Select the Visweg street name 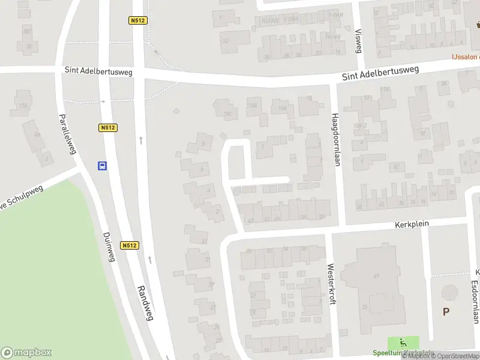tap(359, 41)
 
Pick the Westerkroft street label tap(330, 284)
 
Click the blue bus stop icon tap(103, 166)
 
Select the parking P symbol tap(446, 311)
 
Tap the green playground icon tap(395, 344)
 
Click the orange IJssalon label tap(465, 57)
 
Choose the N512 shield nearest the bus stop tap(108, 127)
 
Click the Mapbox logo tap(26, 352)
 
